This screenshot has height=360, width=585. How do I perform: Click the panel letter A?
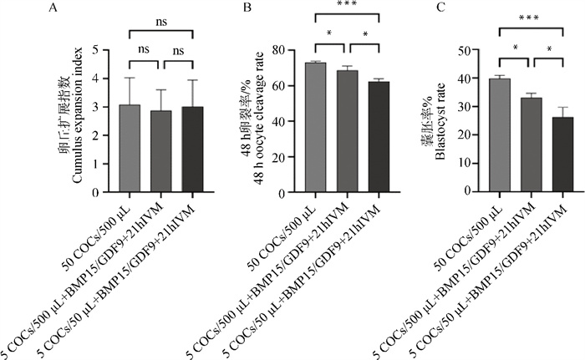54,8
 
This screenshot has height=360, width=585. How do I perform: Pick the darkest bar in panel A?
192,150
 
